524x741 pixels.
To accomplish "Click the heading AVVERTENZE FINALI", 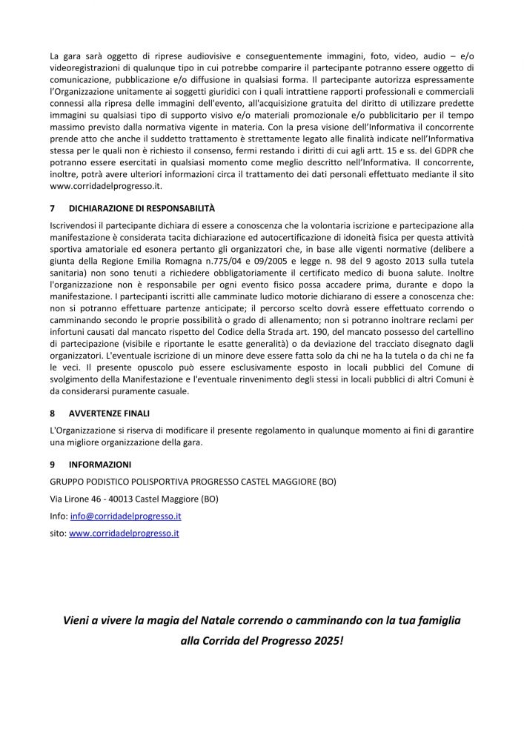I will click(x=110, y=413).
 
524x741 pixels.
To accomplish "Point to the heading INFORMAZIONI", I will click(x=100, y=465).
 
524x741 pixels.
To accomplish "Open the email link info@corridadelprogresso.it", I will click(x=126, y=516).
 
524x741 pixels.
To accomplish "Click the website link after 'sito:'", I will click(x=124, y=533).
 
